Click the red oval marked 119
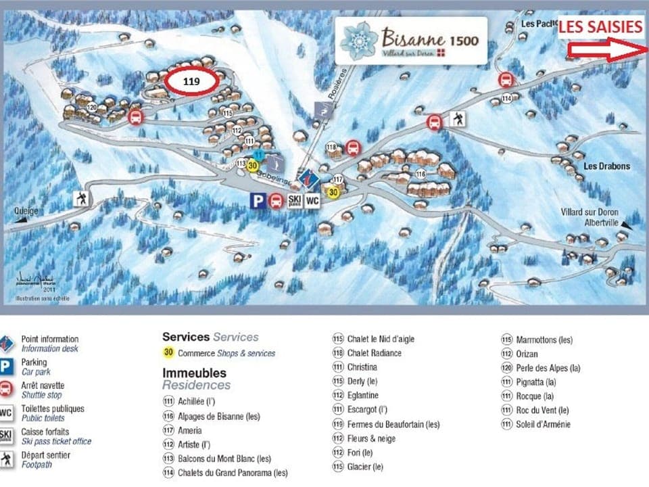point(191,80)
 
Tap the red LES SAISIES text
point(600,27)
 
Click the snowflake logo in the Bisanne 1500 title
point(358,41)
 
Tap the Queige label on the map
point(25,210)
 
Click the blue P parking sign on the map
point(257,200)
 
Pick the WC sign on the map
point(312,200)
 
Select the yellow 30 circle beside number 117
point(333,193)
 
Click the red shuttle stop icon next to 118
point(352,147)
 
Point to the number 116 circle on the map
point(420,175)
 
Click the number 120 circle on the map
point(92,108)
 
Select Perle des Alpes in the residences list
point(548,368)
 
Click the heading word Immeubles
point(194,373)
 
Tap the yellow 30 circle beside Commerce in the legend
point(168,352)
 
